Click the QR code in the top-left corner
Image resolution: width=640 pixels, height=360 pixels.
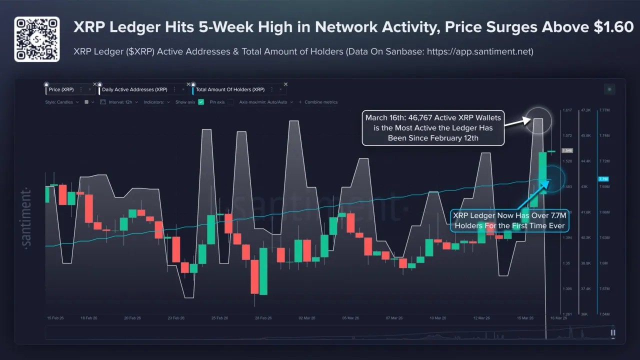pos(36,39)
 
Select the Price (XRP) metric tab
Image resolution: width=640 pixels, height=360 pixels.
pos(61,89)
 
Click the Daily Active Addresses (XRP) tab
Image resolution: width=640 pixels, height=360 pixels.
pos(134,89)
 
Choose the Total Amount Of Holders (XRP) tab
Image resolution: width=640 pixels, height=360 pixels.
pos(230,89)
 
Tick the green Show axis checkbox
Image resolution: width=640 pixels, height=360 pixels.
pos(201,102)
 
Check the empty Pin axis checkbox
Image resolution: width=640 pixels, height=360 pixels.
pos(230,102)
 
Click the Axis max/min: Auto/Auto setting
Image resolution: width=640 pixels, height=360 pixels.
pos(263,102)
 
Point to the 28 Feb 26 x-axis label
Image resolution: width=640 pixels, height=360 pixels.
pos(263,318)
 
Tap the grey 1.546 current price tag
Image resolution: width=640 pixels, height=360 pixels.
pos(567,150)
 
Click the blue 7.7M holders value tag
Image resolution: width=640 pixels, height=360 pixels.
pos(602,179)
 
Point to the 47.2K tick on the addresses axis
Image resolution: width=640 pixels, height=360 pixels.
pos(585,110)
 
